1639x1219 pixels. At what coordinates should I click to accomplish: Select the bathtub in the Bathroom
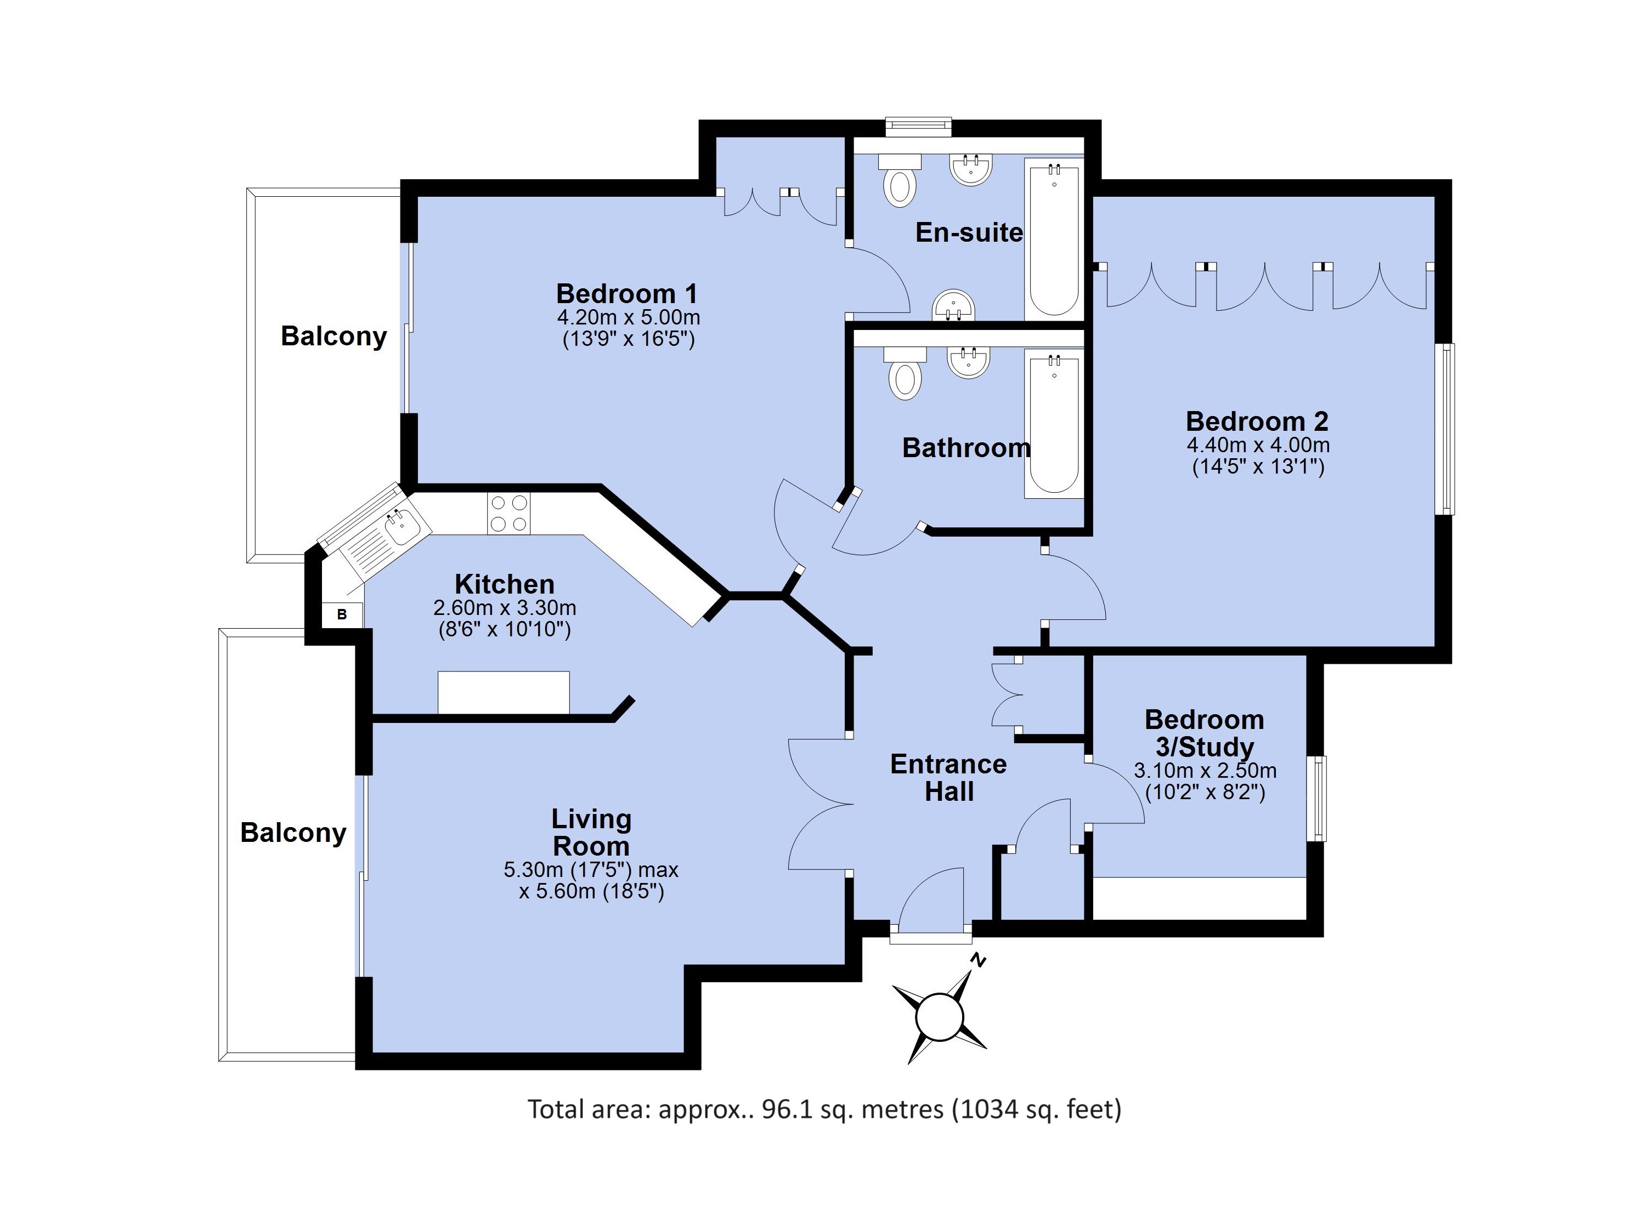pyautogui.click(x=1054, y=424)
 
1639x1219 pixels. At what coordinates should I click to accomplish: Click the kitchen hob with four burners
pyautogui.click(x=508, y=514)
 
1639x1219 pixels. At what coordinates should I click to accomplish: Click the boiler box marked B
pyautogui.click(x=342, y=614)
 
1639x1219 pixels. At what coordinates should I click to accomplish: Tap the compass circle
pyautogui.click(x=939, y=1017)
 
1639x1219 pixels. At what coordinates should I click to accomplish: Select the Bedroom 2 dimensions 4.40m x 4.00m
pyautogui.click(x=1258, y=445)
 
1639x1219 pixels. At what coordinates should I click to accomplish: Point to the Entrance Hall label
pyautogui.click(x=949, y=778)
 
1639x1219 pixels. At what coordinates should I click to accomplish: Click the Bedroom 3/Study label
pyautogui.click(x=1204, y=733)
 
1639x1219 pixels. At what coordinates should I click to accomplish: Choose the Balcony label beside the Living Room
pyautogui.click(x=293, y=833)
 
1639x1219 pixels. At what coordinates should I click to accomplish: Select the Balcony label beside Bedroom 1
pyautogui.click(x=334, y=337)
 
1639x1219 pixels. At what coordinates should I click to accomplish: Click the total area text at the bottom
pyautogui.click(x=824, y=1109)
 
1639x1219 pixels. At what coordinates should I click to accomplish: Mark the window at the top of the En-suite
pyautogui.click(x=918, y=127)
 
